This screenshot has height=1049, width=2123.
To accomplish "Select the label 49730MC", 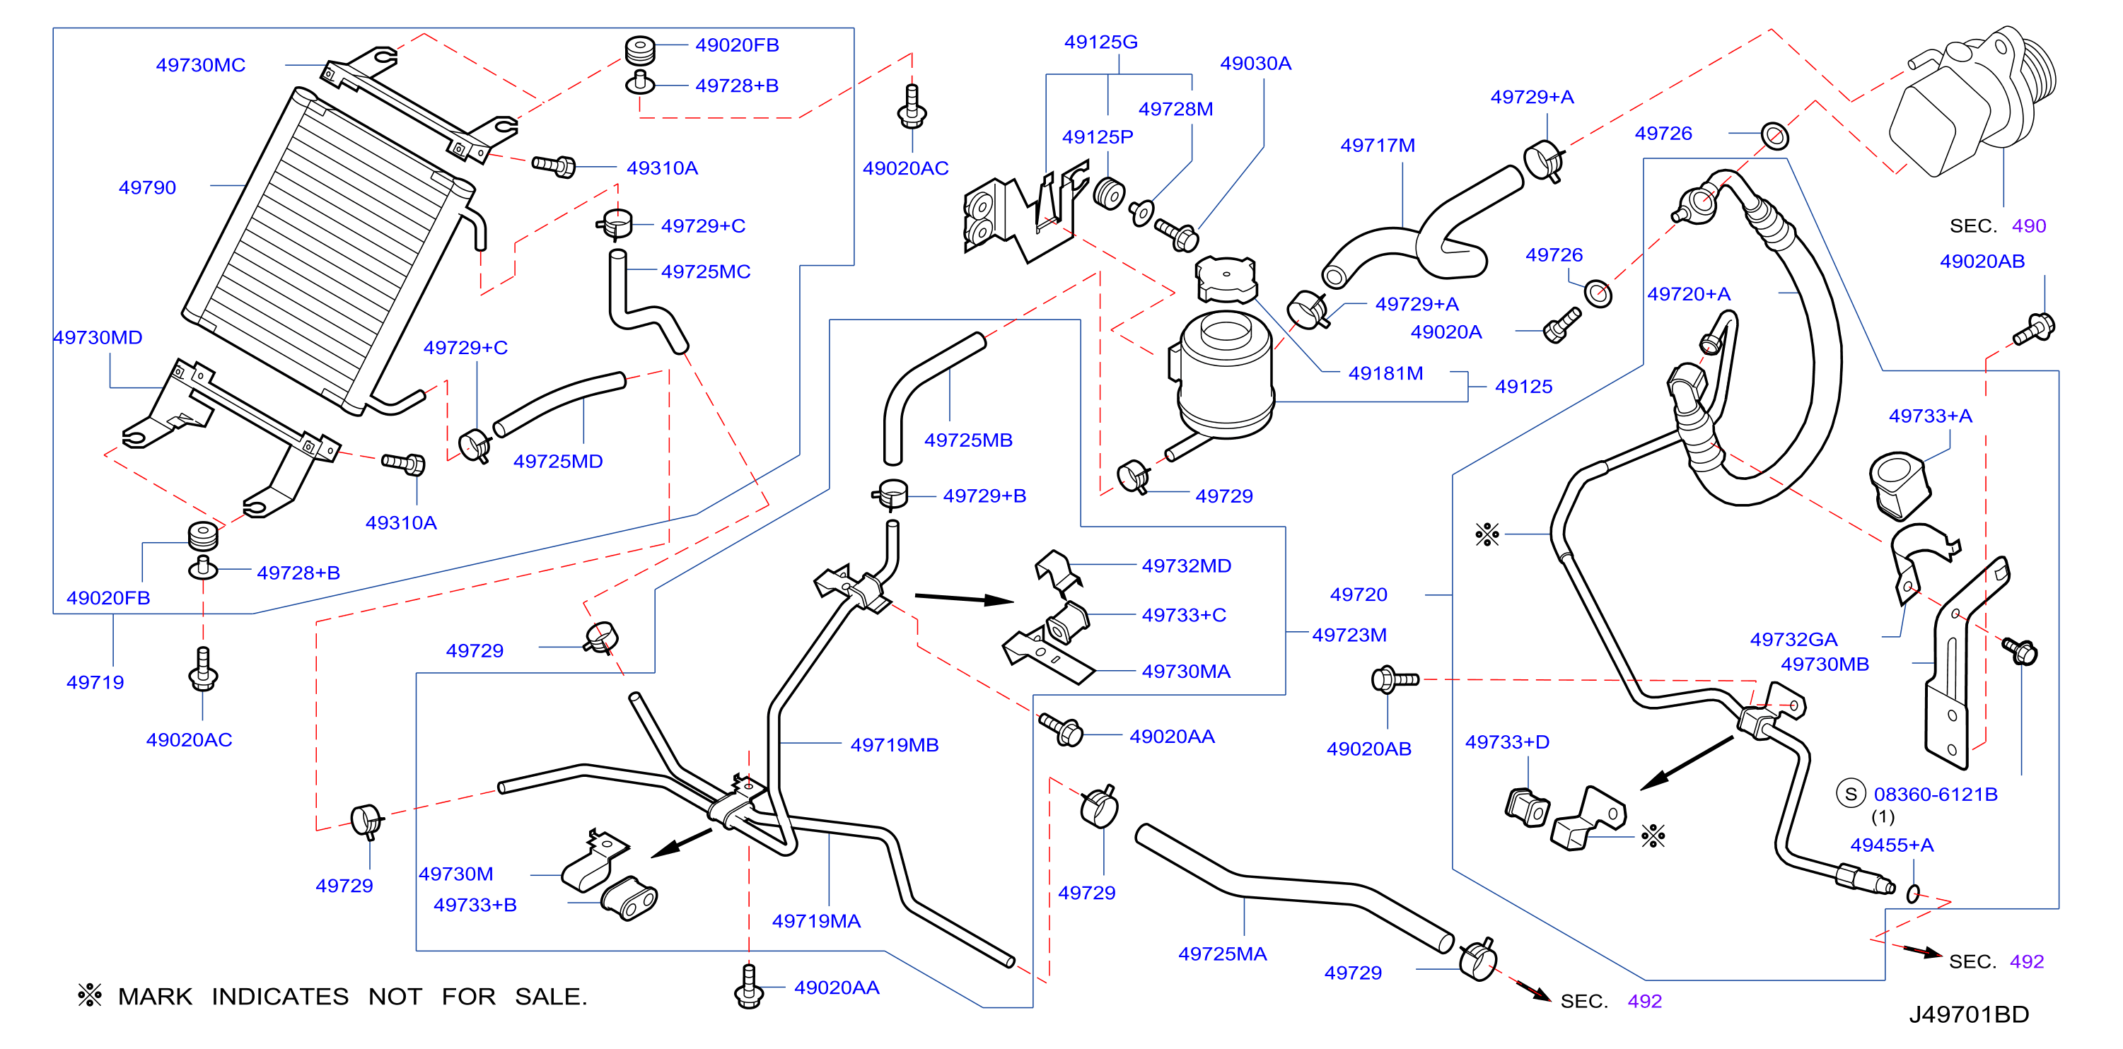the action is (x=200, y=65).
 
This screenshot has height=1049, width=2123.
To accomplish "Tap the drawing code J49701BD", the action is (x=1969, y=1014).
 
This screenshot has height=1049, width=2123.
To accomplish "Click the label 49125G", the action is (x=1100, y=42).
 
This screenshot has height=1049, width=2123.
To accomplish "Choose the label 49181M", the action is (x=1385, y=373).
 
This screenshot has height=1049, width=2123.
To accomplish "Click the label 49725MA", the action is (x=1222, y=954).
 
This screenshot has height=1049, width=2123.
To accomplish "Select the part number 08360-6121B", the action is (x=1935, y=795).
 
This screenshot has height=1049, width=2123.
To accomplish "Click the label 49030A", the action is (x=1255, y=64).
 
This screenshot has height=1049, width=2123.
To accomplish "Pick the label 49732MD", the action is (x=1186, y=566).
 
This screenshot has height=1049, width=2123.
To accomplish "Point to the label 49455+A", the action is (x=1892, y=845).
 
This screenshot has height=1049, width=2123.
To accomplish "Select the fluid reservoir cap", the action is (x=1226, y=279).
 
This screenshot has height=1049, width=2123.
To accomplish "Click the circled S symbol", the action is (x=1851, y=795).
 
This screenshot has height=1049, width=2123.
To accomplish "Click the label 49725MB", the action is (x=967, y=440).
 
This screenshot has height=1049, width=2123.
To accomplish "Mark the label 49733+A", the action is (x=1930, y=416).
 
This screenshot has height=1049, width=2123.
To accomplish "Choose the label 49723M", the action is (x=1349, y=635).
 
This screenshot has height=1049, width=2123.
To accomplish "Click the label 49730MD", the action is (x=98, y=338).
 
